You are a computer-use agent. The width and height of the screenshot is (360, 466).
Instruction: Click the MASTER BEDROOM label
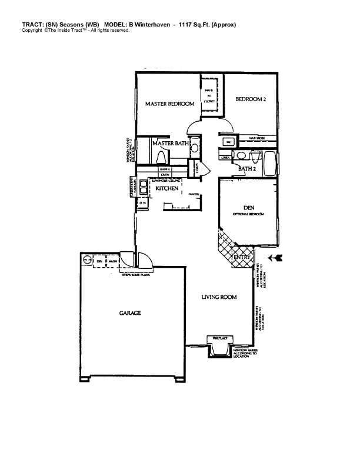click(169, 104)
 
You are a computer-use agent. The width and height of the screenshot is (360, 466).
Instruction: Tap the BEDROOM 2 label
click(251, 99)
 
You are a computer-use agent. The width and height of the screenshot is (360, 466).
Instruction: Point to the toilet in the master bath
click(162, 156)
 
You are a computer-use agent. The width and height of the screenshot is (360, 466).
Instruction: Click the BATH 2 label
click(246, 169)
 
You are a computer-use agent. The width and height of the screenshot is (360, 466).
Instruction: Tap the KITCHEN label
click(166, 188)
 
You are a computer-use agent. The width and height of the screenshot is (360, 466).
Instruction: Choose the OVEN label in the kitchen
click(165, 175)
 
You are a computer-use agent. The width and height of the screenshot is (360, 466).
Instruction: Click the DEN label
click(248, 208)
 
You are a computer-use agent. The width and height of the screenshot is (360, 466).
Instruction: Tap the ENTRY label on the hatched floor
click(242, 258)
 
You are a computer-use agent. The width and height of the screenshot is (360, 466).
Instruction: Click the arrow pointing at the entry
click(275, 258)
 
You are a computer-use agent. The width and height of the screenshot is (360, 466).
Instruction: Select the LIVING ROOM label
click(219, 298)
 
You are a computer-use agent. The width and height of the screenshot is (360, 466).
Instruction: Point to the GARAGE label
click(130, 313)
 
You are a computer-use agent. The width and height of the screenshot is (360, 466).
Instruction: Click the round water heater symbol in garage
click(86, 259)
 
